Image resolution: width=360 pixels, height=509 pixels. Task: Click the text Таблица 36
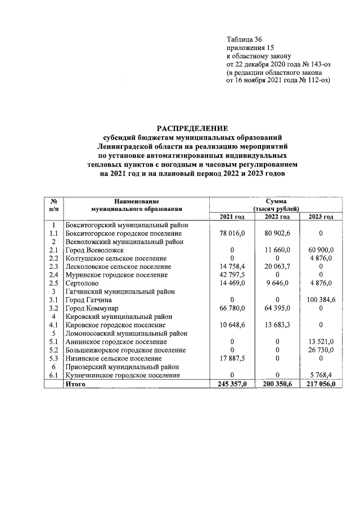coord(244,39)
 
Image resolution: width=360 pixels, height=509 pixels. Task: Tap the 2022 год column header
coord(277,217)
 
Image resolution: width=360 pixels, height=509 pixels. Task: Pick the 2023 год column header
coord(321,217)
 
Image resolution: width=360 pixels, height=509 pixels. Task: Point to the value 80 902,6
coord(277,233)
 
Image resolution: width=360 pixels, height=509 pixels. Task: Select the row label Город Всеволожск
coord(94,250)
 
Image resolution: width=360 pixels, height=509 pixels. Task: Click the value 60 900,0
coord(321,250)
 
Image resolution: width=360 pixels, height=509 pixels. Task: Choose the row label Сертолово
coord(83,283)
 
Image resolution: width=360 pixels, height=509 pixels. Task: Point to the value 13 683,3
coord(277,325)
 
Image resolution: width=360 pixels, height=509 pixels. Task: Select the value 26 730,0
coord(321,350)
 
